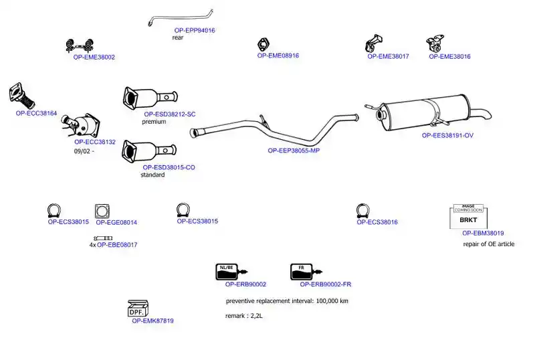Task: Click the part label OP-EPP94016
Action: pos(195,30)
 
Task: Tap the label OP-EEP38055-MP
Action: pos(294,151)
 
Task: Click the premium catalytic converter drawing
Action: pos(150,97)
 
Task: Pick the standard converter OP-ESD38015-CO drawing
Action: pos(149,151)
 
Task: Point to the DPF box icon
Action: pos(138,308)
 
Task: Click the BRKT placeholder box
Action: pos(469,217)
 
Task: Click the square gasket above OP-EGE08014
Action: pos(102,211)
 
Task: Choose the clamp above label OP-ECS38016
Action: pos(362,210)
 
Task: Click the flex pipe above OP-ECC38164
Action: pos(22,96)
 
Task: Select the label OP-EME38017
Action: pos(388,56)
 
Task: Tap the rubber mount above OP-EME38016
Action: pos(435,43)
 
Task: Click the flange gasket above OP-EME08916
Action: pos(263,45)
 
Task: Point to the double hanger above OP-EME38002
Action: pos(80,46)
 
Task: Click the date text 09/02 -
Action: pos(84,151)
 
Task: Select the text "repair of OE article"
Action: pos(489,244)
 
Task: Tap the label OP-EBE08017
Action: pos(117,244)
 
